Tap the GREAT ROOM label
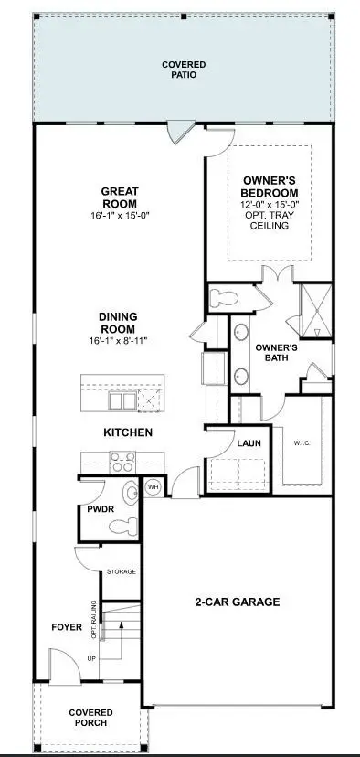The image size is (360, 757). pos(119,197)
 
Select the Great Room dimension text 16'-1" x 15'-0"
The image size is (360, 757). pos(119,216)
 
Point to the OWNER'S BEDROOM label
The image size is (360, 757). pos(270,187)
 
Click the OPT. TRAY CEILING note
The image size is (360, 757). pos(270,220)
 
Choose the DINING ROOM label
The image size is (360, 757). pos(119,323)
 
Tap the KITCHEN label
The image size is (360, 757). pos(127,432)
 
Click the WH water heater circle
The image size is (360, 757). pos(154,487)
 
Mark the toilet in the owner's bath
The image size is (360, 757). pos(223,298)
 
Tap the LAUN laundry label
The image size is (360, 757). pos(249,443)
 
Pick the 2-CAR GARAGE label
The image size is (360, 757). pos(237,602)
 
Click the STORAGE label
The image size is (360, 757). pos(121,571)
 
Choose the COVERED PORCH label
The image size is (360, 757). pos(90,718)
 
